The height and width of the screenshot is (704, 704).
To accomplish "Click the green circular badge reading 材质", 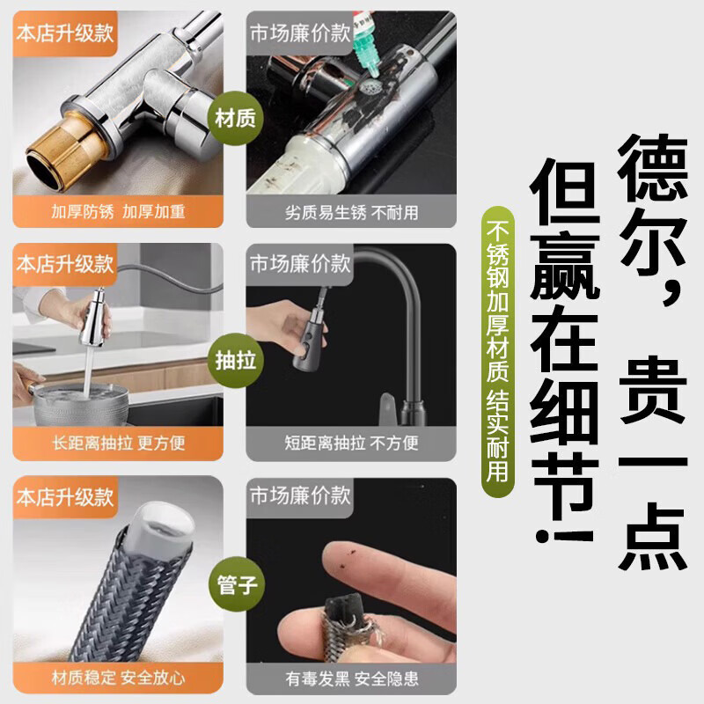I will point(234,117).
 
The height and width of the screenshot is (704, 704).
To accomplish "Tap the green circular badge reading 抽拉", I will point(234,360).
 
